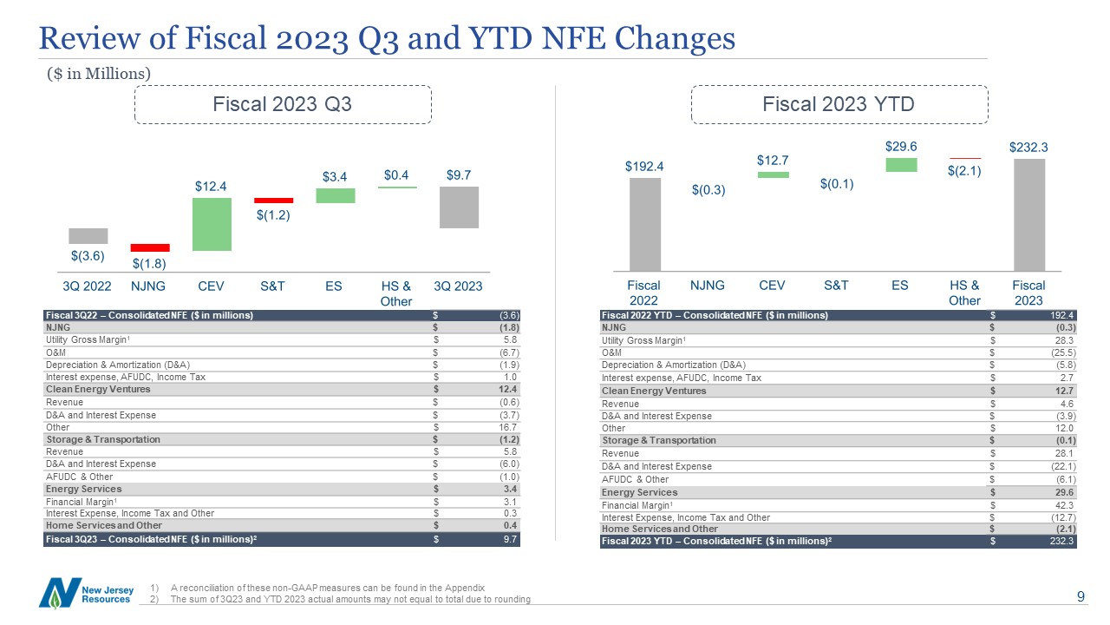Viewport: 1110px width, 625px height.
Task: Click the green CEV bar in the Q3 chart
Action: [x=212, y=224]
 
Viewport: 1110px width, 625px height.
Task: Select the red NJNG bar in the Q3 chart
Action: [x=150, y=247]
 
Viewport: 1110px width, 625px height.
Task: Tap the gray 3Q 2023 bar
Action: [x=459, y=207]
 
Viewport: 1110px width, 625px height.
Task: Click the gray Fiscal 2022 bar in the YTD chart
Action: [x=644, y=225]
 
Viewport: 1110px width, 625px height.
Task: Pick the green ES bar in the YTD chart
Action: [x=901, y=165]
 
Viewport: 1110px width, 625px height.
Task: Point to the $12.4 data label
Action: [x=211, y=187]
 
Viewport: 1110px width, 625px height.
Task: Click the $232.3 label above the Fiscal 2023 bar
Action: [x=1028, y=148]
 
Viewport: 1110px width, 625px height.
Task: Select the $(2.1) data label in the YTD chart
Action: [x=964, y=171]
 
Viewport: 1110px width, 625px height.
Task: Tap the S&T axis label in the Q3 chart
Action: [x=272, y=286]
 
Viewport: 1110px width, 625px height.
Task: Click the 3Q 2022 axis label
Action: [x=87, y=286]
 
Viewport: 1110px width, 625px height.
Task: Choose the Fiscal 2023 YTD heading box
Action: [x=839, y=104]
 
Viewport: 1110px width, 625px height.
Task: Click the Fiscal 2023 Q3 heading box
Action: [x=283, y=104]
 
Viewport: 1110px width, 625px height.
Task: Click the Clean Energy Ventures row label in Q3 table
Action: [x=98, y=390]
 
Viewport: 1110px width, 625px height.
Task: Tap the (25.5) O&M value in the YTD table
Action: [x=1063, y=352]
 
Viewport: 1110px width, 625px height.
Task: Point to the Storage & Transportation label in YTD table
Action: [x=658, y=440]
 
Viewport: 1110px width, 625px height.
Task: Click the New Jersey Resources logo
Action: [x=86, y=593]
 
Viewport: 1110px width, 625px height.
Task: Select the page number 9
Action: [x=1081, y=596]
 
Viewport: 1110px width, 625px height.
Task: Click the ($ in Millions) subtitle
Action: [x=99, y=74]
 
